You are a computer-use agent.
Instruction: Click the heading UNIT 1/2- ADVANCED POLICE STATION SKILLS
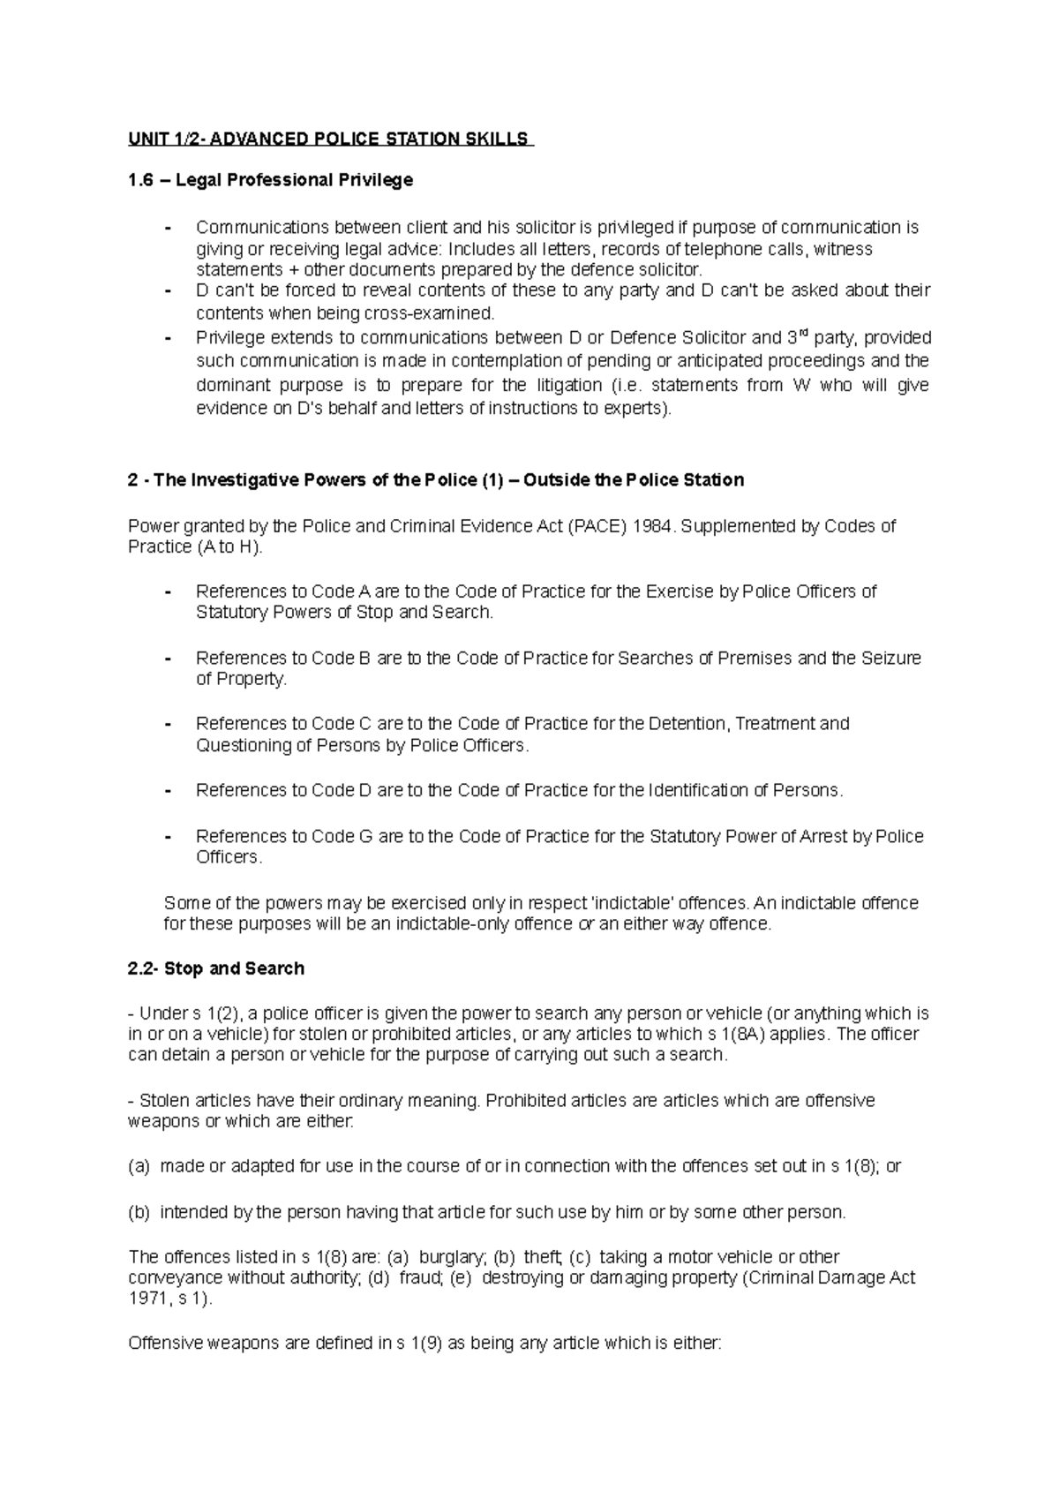pos(329,139)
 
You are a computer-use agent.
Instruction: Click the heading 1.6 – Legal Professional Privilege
pos(270,180)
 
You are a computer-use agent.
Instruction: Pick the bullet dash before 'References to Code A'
pos(168,592)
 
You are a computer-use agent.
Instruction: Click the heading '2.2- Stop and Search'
pos(216,968)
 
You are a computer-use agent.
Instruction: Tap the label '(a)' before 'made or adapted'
pos(139,1166)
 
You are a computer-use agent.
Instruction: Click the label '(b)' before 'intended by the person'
pos(139,1212)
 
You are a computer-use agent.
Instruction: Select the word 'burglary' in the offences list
pos(452,1256)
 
